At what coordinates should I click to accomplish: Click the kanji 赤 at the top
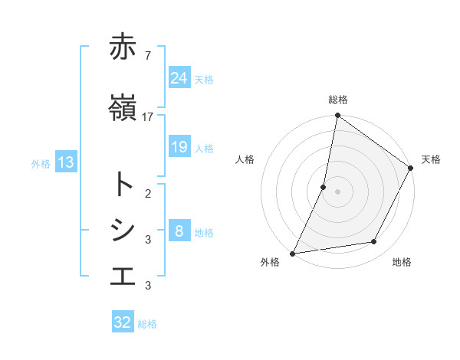[123, 47]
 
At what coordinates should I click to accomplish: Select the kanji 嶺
[123, 108]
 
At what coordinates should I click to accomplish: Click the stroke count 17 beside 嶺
[148, 116]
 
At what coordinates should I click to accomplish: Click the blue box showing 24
[179, 78]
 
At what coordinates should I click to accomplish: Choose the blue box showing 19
[179, 147]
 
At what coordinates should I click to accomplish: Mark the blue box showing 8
[179, 231]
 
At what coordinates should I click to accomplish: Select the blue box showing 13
[66, 162]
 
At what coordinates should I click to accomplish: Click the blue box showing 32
[123, 322]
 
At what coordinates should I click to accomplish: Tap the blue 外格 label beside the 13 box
[41, 163]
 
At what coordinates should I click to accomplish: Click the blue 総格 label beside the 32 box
[147, 324]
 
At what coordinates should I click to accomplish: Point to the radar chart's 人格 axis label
[245, 159]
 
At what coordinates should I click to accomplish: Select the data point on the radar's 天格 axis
[411, 169]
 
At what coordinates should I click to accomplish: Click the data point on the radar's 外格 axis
[292, 253]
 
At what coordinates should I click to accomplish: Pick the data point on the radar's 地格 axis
[374, 242]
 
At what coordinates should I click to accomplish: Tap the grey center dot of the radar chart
[337, 191]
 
